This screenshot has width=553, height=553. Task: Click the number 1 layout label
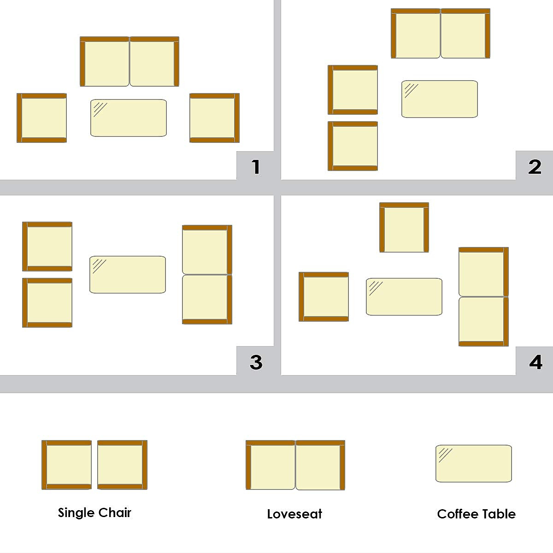pyautogui.click(x=256, y=166)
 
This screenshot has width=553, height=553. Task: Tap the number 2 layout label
pyautogui.click(x=535, y=166)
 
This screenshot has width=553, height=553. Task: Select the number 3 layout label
pyautogui.click(x=256, y=362)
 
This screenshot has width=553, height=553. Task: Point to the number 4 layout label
pyautogui.click(x=535, y=362)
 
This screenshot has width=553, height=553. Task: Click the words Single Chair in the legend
pyautogui.click(x=94, y=512)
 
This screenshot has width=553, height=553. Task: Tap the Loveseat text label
pyautogui.click(x=294, y=514)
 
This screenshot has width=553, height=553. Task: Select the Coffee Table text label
pyautogui.click(x=476, y=514)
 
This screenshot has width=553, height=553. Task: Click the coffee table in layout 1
pyautogui.click(x=129, y=118)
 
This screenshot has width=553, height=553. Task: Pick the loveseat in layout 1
pyautogui.click(x=129, y=62)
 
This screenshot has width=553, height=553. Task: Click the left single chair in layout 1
pyautogui.click(x=42, y=118)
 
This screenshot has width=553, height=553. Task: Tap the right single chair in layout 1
pyautogui.click(x=214, y=118)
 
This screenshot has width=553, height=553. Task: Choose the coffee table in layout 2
pyautogui.click(x=440, y=99)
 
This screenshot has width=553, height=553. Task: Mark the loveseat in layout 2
pyautogui.click(x=441, y=34)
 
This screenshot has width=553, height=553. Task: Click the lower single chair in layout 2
pyautogui.click(x=353, y=146)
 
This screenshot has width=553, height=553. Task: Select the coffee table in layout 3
pyautogui.click(x=128, y=275)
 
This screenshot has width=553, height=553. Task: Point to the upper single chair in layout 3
pyautogui.click(x=47, y=247)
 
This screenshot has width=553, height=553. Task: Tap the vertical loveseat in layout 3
pyautogui.click(x=207, y=275)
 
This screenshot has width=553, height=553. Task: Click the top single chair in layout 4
pyautogui.click(x=404, y=228)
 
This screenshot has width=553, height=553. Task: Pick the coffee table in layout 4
pyautogui.click(x=404, y=297)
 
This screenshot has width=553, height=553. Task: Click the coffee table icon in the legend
pyautogui.click(x=474, y=464)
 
